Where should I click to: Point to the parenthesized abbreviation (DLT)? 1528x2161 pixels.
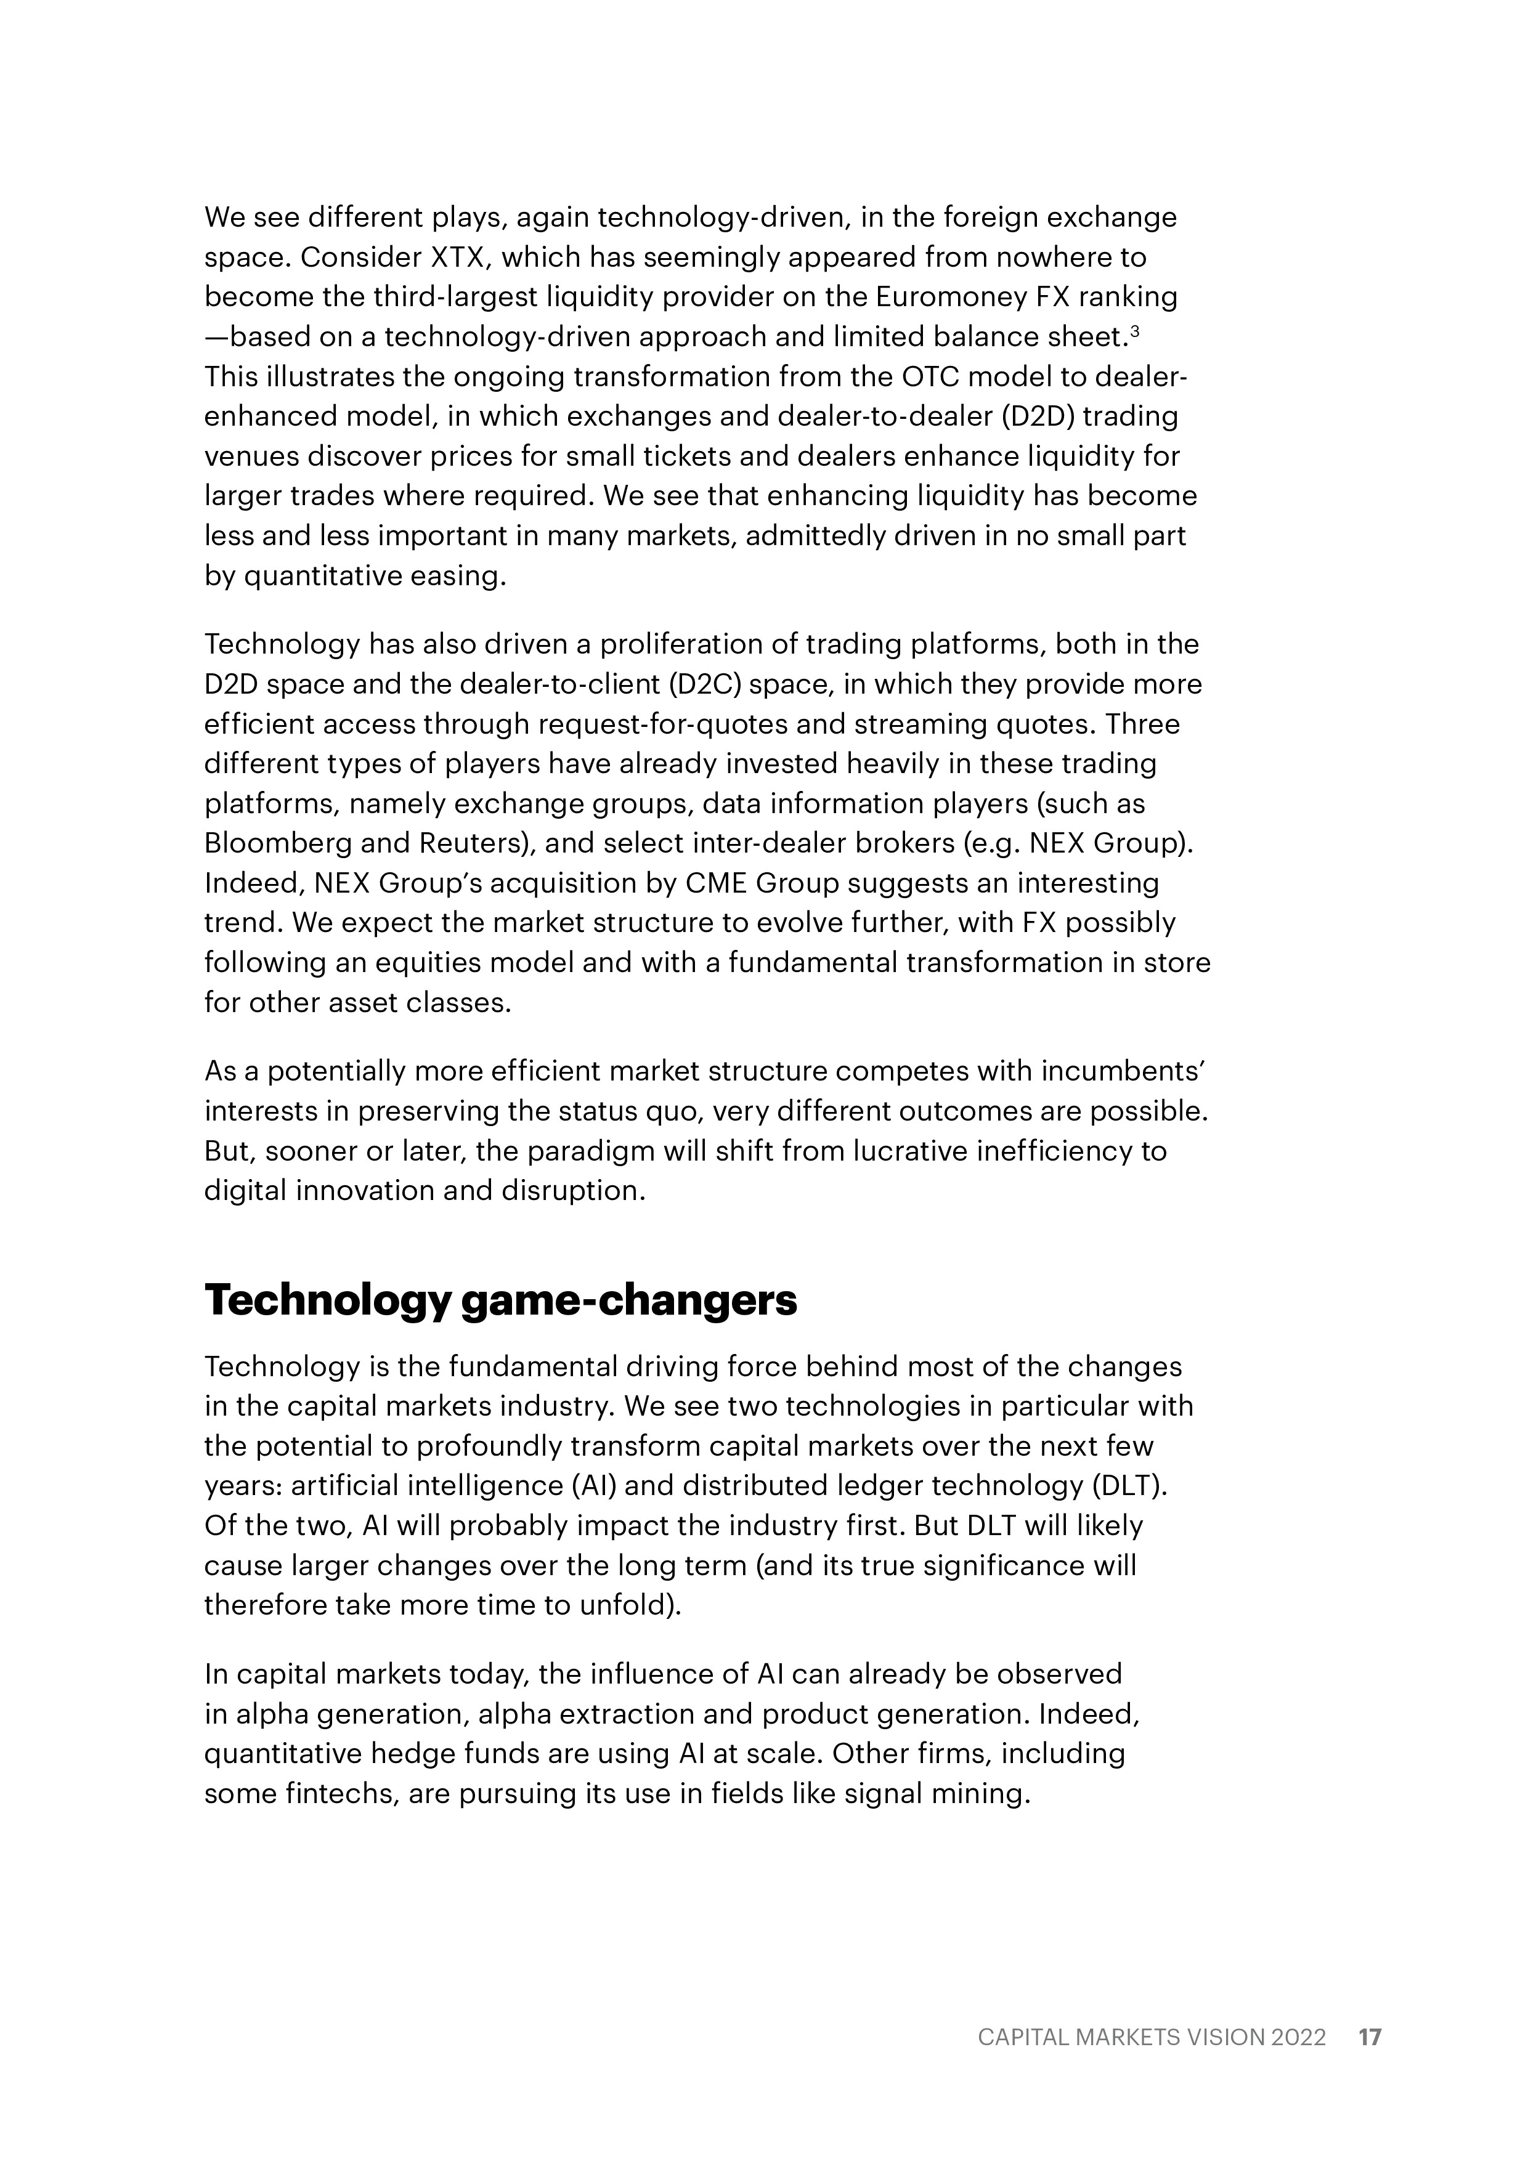tap(1128, 1485)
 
